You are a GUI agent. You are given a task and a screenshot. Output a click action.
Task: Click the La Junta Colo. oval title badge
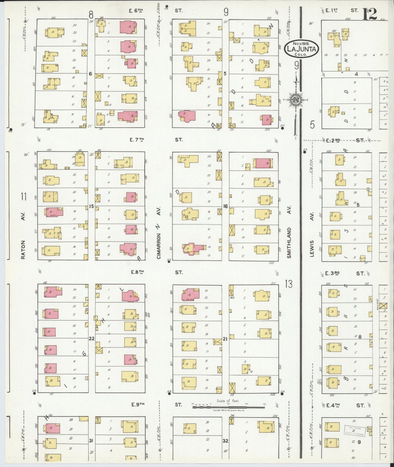pos(301,49)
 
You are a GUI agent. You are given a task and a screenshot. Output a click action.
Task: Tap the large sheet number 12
pos(370,14)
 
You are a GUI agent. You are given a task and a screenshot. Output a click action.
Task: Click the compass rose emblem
pos(296,100)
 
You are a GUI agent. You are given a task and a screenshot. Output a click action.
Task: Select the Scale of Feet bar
pos(228,407)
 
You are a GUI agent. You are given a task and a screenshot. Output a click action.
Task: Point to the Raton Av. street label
pos(23,249)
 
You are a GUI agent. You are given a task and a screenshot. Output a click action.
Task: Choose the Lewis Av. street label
pos(312,248)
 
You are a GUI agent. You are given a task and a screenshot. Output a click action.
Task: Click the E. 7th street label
pos(137,140)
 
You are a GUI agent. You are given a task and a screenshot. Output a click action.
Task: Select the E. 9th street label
pos(138,405)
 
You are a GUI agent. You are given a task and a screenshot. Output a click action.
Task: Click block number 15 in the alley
pos(91,206)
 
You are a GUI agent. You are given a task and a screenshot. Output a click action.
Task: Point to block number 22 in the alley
pos(92,339)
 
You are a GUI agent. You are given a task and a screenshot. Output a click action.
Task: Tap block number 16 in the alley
pos(225,206)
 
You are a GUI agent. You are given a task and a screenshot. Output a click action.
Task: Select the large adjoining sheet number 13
pos(289,284)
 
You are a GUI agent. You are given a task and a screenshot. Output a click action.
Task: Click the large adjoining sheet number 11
pos(24,196)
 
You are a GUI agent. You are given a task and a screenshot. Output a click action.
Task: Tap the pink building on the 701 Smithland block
pos(263,163)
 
